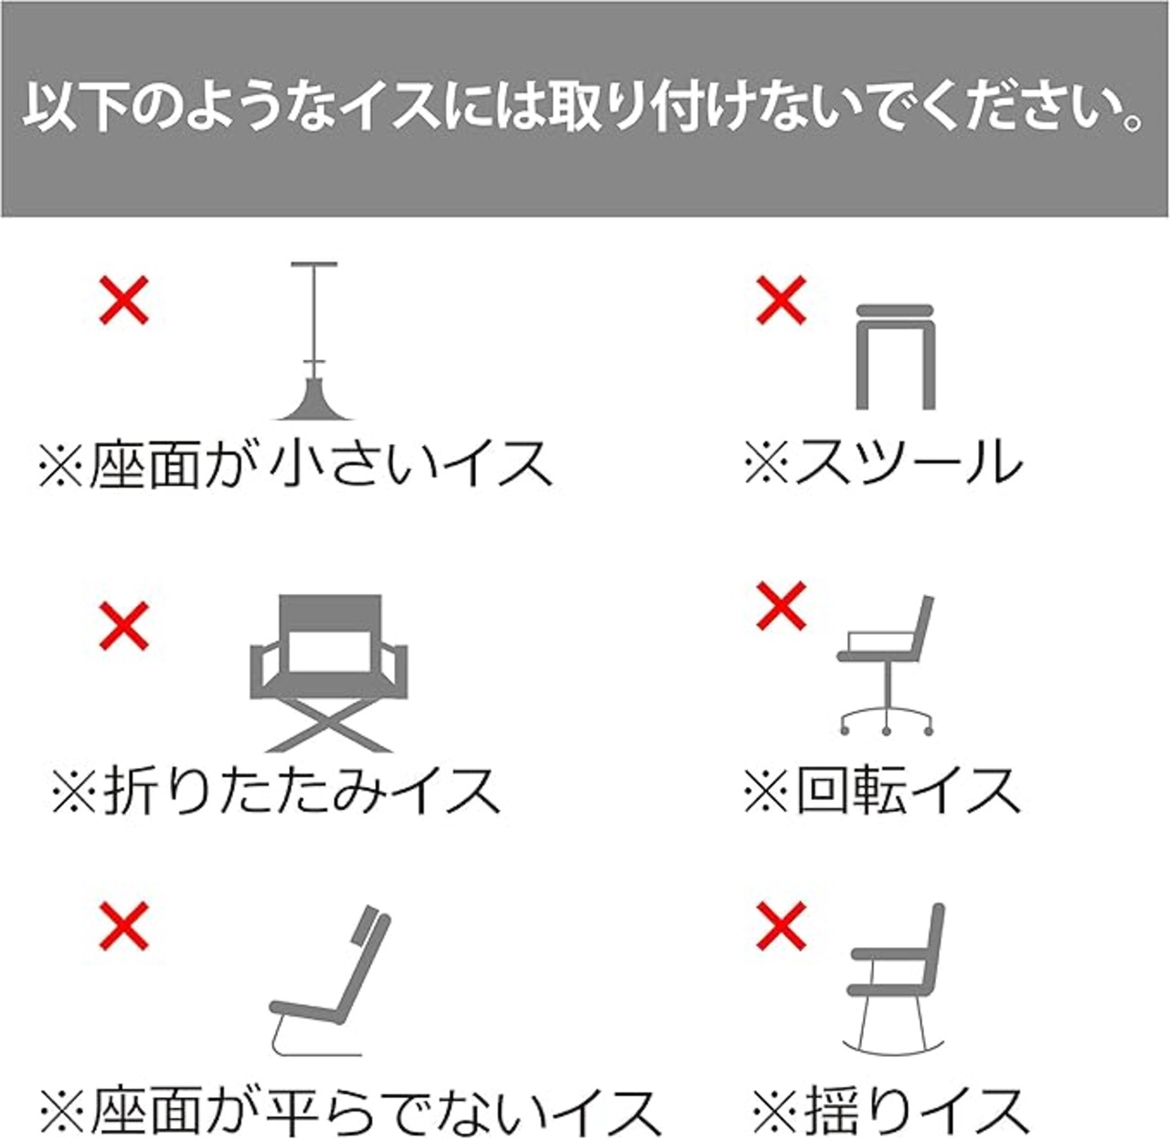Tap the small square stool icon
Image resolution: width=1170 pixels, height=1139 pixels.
[x=896, y=357]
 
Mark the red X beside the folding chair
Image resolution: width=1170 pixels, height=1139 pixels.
[x=124, y=626]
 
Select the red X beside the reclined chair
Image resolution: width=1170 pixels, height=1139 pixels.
[x=124, y=925]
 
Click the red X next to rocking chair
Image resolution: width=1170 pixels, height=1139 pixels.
[x=782, y=925]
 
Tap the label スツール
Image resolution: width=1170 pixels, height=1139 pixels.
[x=883, y=462]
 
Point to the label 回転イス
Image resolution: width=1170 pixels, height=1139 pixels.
[x=883, y=790]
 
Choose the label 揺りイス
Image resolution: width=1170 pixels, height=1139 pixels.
[x=890, y=1110]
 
